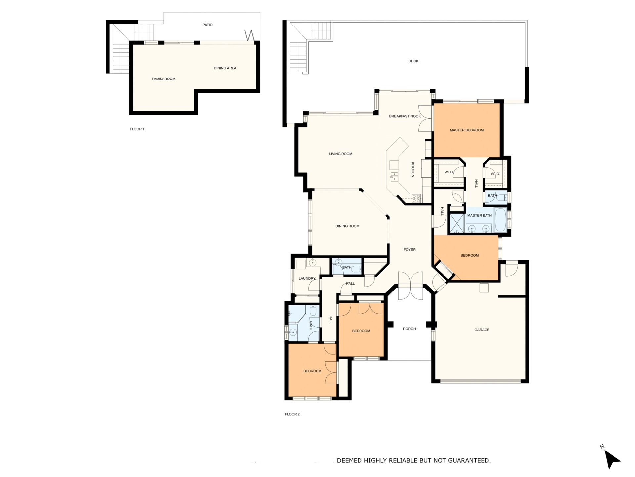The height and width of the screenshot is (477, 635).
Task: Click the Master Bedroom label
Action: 467,130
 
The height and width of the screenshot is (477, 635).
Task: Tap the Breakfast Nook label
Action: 405,116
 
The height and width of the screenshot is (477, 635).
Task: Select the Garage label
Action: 482,330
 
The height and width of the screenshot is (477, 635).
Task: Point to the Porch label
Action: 409,329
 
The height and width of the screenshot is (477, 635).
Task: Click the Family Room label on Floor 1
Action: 164,79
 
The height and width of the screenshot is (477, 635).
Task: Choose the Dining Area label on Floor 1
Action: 225,68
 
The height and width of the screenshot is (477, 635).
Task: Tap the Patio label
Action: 208,25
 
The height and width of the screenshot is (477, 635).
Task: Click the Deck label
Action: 413,61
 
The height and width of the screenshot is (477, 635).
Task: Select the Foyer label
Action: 410,250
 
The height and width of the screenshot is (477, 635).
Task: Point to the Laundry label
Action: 307,279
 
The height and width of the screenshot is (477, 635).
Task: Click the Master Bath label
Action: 480,216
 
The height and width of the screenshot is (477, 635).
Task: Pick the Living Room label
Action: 341,154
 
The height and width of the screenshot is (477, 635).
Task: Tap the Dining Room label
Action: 347,226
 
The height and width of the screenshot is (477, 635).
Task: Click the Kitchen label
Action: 413,170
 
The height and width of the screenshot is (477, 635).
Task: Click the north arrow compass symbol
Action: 612,459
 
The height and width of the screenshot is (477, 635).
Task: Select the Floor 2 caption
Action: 292,414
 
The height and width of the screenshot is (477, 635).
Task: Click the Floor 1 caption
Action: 137,129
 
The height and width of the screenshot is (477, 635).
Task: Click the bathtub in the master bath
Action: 500,220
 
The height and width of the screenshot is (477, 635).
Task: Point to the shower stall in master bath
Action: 457,223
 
